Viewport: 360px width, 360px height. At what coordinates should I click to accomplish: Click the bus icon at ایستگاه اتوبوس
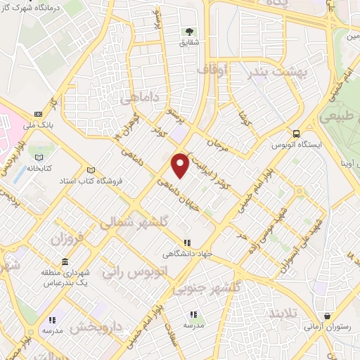pyautogui.click(x=297, y=134)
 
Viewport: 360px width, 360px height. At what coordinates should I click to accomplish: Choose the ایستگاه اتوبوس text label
pyautogui.click(x=297, y=146)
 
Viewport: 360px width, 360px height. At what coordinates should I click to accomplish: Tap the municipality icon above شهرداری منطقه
pyautogui.click(x=65, y=262)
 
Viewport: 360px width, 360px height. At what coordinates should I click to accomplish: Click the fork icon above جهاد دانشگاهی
pyautogui.click(x=186, y=243)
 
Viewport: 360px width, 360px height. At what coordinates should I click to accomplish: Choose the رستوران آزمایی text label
pyautogui.click(x=324, y=327)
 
